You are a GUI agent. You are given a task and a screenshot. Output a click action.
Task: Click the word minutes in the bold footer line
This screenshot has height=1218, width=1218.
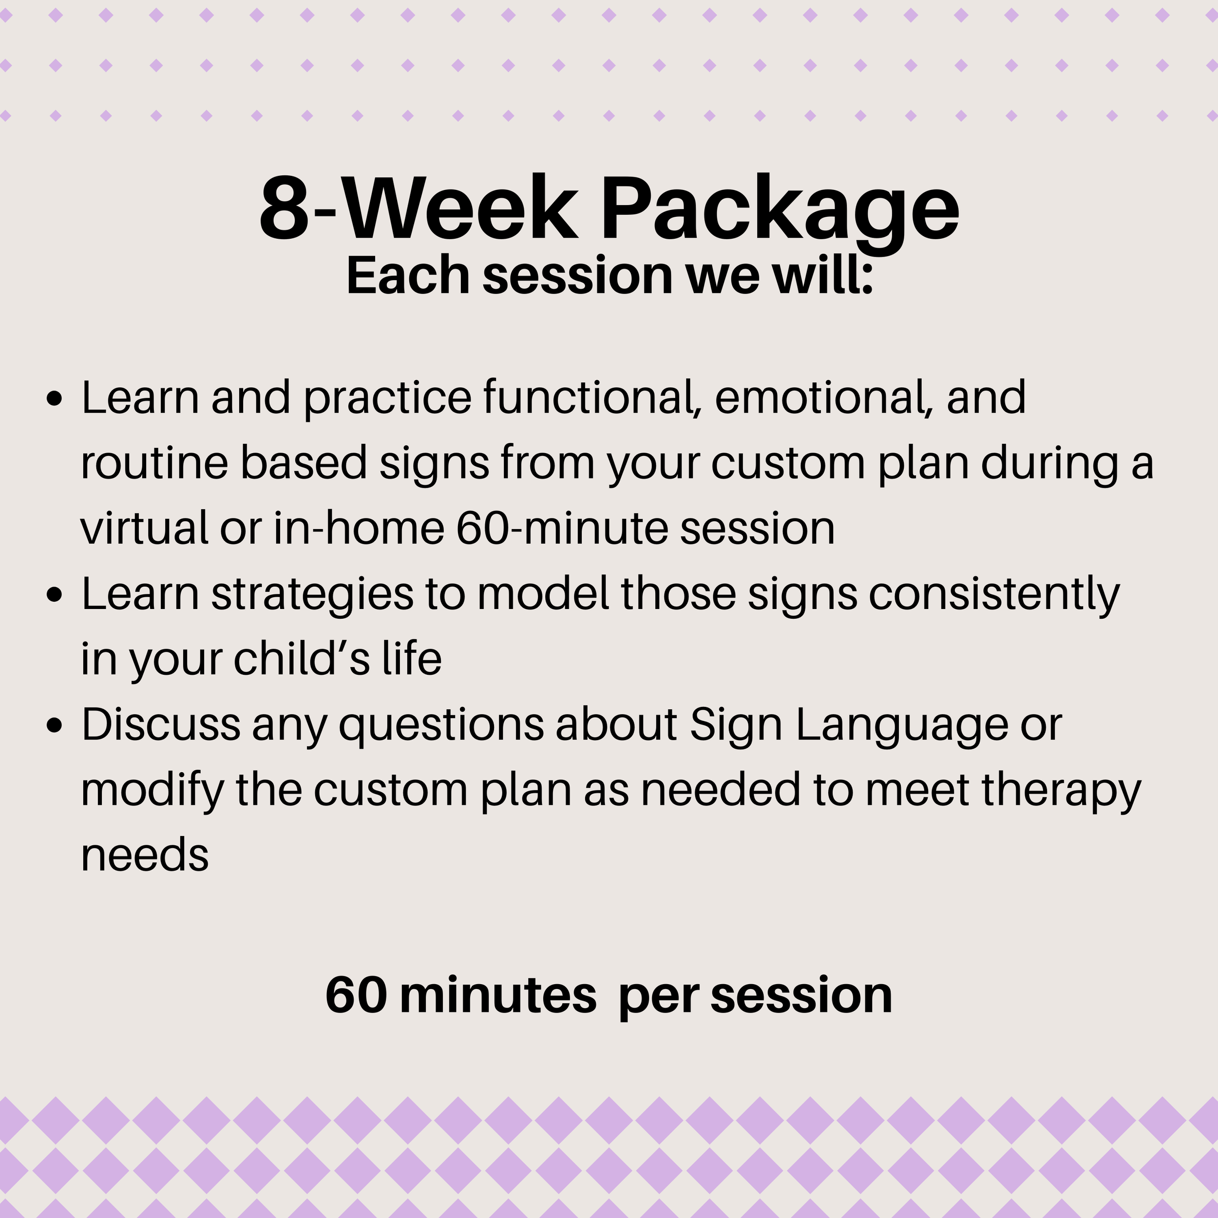(497, 996)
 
